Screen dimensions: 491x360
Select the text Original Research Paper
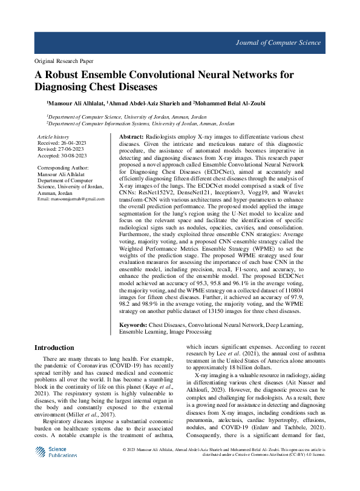[64, 62]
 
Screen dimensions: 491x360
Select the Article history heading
[53, 138]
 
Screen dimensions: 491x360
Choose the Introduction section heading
[54, 348]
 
